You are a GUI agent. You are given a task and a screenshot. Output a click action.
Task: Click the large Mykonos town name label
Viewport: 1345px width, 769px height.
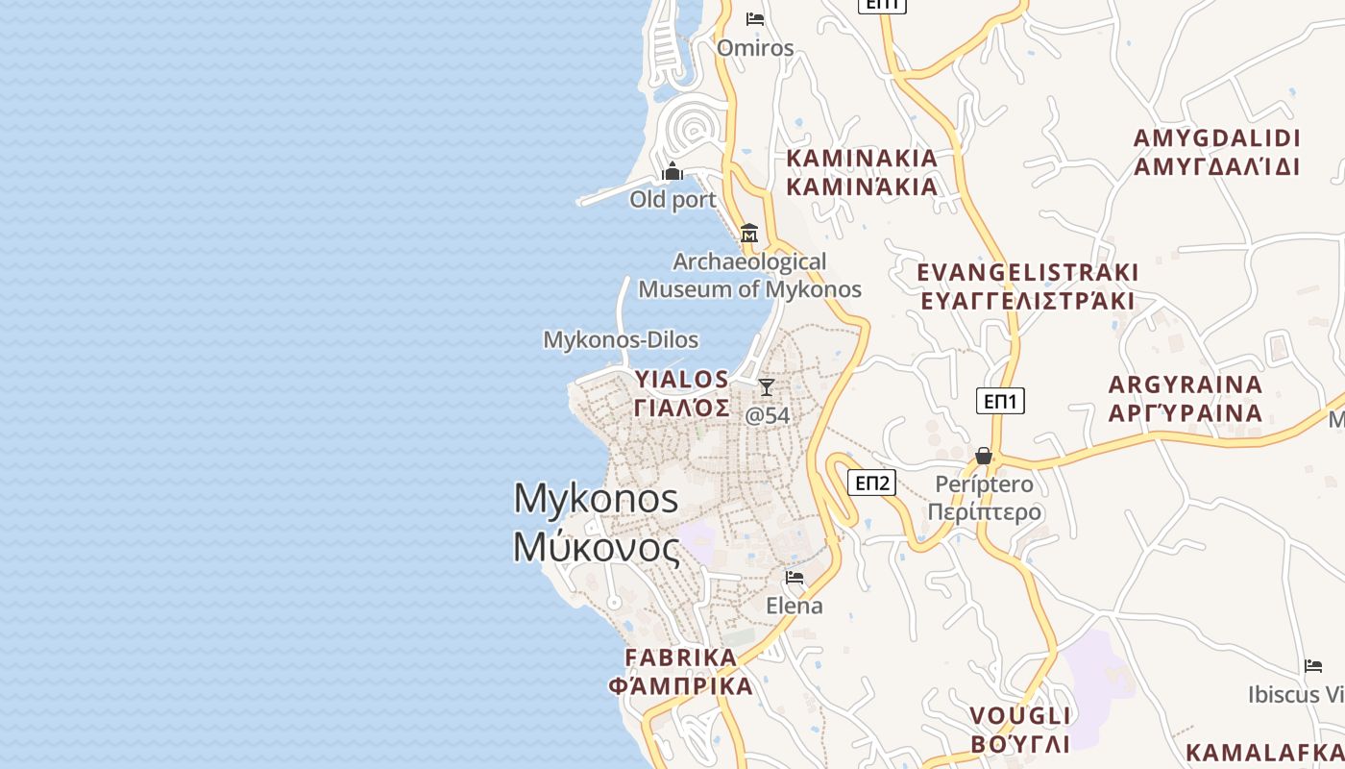click(597, 523)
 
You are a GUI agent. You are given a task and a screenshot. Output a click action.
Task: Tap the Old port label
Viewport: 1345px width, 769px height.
click(672, 199)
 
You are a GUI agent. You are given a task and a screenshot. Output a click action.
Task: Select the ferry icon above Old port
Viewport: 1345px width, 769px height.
click(672, 171)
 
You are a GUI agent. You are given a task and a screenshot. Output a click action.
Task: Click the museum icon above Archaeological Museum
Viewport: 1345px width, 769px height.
click(749, 233)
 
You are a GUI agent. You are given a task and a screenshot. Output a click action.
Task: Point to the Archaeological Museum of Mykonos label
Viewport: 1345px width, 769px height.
click(749, 275)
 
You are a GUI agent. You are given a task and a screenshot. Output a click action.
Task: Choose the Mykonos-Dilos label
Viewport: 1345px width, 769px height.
click(621, 339)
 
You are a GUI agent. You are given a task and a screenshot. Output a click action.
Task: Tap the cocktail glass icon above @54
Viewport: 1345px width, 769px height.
click(767, 387)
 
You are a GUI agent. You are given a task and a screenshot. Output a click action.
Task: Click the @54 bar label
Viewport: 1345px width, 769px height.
click(768, 415)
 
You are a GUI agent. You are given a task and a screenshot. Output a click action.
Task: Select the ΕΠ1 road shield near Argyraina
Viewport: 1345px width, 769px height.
click(1000, 401)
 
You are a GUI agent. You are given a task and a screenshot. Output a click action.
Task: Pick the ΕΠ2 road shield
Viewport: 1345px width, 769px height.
click(872, 483)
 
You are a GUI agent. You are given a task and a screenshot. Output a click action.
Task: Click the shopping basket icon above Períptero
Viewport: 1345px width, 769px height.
click(984, 456)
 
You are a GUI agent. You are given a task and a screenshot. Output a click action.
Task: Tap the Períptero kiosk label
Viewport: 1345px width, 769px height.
click(985, 497)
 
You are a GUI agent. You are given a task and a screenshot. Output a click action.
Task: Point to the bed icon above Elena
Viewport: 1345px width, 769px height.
click(795, 578)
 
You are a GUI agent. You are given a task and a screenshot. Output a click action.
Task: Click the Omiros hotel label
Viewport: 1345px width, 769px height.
click(755, 48)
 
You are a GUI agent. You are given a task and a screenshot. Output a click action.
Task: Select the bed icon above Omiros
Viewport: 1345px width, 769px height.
click(755, 19)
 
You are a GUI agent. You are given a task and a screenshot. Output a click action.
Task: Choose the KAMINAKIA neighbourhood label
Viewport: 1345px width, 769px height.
click(862, 172)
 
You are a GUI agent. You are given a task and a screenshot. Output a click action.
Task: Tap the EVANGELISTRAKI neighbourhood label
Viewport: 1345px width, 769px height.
click(1027, 286)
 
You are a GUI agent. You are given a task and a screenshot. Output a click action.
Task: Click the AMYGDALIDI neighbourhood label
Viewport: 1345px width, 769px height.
click(1216, 152)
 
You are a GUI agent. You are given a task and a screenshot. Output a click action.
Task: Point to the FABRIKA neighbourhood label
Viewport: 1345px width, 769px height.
click(681, 672)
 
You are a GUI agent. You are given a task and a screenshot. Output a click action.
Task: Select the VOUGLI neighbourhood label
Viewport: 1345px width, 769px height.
click(1019, 730)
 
